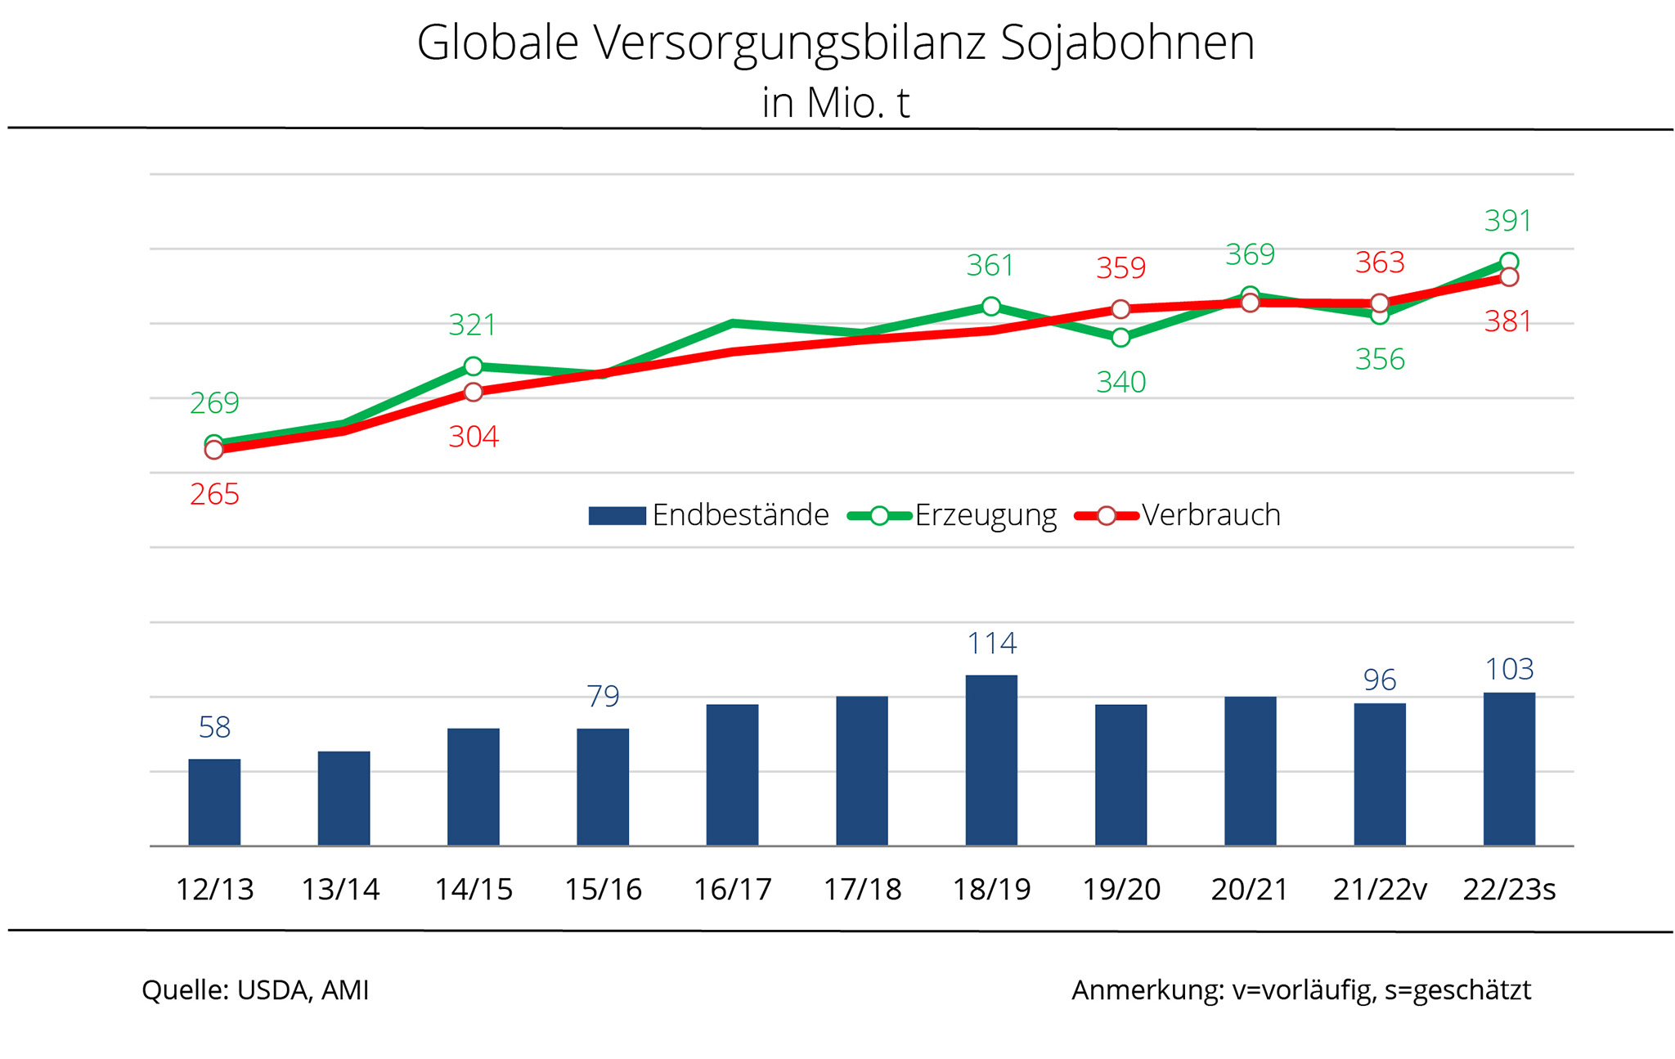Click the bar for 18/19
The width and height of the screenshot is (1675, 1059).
[991, 761]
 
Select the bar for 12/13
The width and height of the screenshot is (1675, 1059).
[214, 802]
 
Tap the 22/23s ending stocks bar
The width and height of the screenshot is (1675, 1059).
[1509, 769]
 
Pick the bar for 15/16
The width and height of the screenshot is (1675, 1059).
[603, 787]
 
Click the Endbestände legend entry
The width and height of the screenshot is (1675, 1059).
[708, 515]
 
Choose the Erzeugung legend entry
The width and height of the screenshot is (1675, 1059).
[953, 515]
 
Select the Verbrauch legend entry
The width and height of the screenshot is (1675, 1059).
[1179, 515]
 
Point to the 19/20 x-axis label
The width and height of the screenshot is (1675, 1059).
[1121, 889]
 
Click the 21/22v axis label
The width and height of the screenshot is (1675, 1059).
[1380, 889]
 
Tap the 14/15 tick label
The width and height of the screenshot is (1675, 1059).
[474, 889]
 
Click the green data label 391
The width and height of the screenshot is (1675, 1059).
[1507, 221]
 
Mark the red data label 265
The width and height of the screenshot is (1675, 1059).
[214, 494]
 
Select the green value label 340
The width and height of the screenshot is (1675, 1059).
[1120, 382]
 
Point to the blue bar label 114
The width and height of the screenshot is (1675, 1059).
[991, 644]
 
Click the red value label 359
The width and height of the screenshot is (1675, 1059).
[1120, 268]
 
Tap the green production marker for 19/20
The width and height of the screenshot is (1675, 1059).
[1120, 337]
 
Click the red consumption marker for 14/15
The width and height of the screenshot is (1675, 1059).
[474, 393]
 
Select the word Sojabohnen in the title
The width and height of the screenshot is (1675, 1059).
[1127, 43]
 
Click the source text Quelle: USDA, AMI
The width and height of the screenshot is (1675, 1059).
[255, 990]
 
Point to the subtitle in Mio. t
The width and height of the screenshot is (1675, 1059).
[835, 103]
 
